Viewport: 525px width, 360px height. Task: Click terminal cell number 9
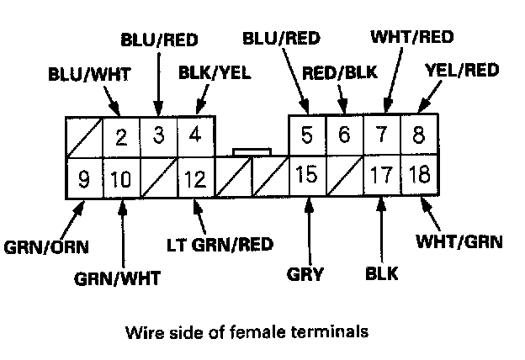pyautogui.click(x=85, y=178)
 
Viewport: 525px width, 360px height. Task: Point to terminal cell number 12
pyautogui.click(x=195, y=178)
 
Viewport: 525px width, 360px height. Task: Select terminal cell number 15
pyautogui.click(x=308, y=177)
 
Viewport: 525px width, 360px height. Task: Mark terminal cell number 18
pyautogui.click(x=417, y=177)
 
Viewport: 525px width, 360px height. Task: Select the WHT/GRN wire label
pyautogui.click(x=459, y=244)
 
